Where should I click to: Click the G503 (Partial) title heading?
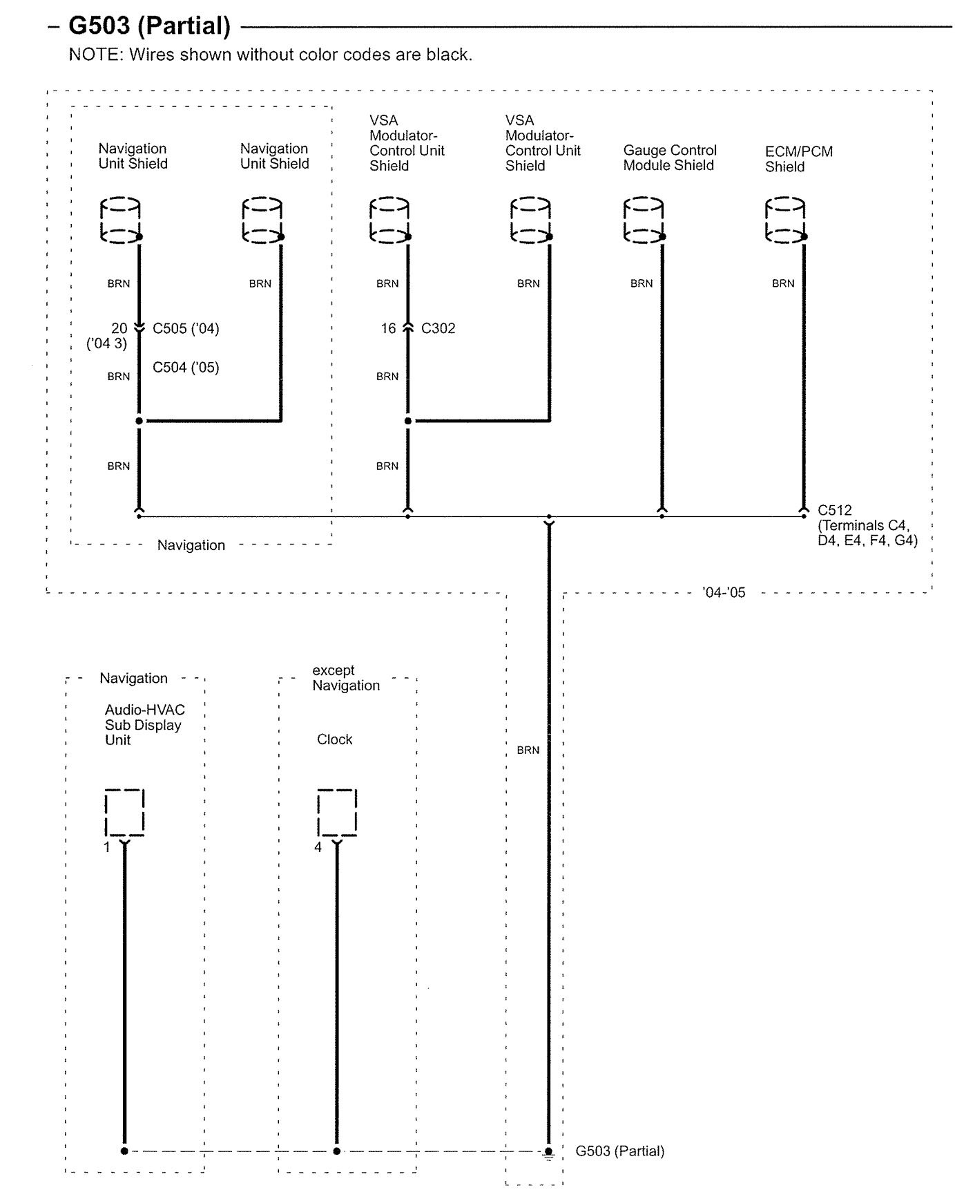(x=149, y=26)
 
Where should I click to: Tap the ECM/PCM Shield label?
(x=798, y=159)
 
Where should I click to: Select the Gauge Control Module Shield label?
(x=669, y=158)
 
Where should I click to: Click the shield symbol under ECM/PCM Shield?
(x=785, y=220)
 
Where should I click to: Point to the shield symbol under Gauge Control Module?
(x=644, y=220)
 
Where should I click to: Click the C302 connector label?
(x=438, y=328)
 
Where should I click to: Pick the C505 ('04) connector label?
(x=186, y=328)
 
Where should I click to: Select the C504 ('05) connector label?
(x=186, y=367)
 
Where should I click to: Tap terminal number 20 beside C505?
(x=119, y=328)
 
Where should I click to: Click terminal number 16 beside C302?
(x=388, y=328)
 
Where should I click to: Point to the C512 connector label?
(x=835, y=510)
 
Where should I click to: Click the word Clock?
(x=334, y=739)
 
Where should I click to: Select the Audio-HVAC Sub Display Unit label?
(x=144, y=724)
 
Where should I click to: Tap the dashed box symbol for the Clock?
(x=337, y=812)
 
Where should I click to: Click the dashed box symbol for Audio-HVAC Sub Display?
(x=124, y=812)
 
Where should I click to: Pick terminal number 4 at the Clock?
(x=318, y=847)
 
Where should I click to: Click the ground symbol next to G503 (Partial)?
(x=548, y=1153)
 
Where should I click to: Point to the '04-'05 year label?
(x=724, y=592)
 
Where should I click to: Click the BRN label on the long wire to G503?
(x=528, y=750)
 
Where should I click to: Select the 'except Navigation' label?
(x=345, y=678)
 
